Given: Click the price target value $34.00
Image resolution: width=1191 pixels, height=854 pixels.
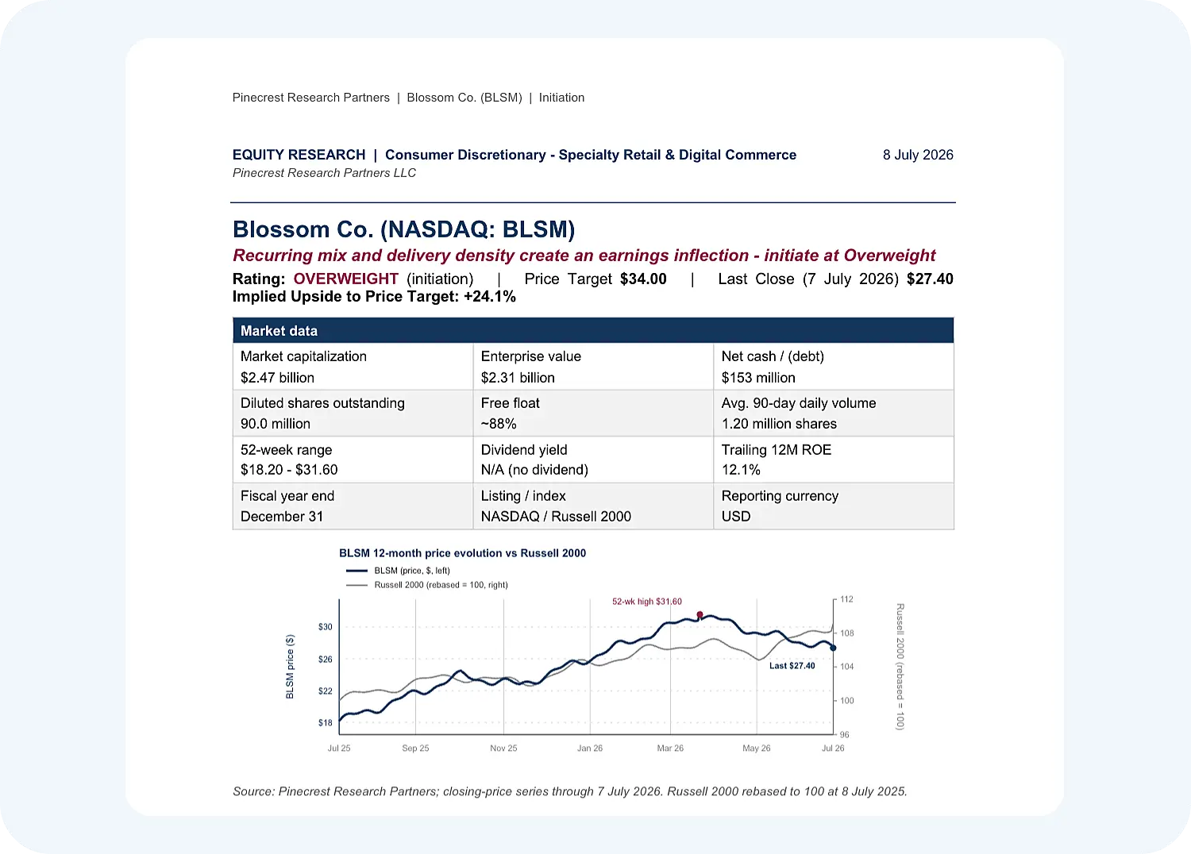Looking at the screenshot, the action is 643,279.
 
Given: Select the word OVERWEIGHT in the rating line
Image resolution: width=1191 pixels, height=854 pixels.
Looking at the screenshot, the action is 345,279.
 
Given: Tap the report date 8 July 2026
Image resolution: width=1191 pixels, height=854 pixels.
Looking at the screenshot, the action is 918,155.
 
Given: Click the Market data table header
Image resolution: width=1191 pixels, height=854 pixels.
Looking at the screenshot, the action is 593,330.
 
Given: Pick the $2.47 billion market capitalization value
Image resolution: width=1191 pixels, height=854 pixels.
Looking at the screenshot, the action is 277,377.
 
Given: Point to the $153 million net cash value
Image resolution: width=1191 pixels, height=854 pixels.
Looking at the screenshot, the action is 758,377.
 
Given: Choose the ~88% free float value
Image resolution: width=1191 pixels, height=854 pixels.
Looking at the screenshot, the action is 498,424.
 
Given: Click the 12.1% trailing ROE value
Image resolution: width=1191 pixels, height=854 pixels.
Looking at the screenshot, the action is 741,470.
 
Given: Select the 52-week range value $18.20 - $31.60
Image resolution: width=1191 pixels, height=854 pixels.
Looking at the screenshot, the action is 289,470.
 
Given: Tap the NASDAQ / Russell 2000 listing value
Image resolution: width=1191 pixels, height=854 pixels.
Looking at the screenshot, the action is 556,516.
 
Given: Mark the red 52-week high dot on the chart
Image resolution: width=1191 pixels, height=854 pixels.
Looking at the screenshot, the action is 700,615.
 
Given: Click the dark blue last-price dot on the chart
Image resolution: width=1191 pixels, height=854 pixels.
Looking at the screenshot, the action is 833,648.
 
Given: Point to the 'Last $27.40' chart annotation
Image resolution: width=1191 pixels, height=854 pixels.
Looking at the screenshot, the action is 792,665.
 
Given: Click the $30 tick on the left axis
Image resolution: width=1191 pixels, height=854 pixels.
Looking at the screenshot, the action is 325,627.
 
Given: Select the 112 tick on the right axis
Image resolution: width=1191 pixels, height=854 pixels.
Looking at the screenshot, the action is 846,599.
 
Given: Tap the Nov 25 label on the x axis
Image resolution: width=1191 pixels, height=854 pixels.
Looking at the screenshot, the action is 503,748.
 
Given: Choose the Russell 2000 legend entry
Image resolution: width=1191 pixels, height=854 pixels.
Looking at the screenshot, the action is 427,585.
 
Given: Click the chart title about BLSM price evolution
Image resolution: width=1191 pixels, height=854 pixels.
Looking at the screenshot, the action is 462,553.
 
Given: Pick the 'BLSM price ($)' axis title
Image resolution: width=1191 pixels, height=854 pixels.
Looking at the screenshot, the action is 290,667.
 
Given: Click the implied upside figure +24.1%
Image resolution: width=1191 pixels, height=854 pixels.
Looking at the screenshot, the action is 490,297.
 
